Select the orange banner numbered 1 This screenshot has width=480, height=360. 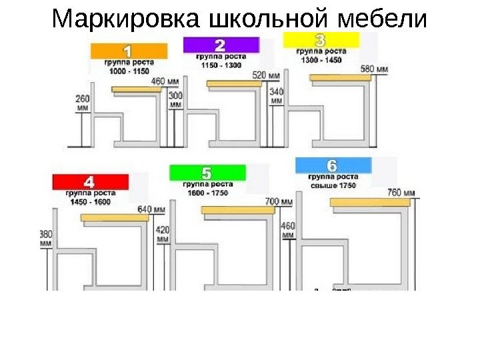[x=130, y=51]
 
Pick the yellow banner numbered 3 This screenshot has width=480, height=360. [x=321, y=39]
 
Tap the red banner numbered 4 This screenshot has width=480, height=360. [x=89, y=181]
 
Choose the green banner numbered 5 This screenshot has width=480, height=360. [x=207, y=173]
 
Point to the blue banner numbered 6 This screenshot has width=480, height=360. [x=332, y=165]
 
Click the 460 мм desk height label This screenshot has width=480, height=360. [x=166, y=81]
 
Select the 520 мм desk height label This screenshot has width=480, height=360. [x=266, y=75]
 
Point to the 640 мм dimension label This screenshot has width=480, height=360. [x=151, y=209]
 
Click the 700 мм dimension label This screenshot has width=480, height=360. [x=279, y=201]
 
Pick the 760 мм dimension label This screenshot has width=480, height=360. [x=401, y=193]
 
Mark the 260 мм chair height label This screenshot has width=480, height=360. [x=83, y=102]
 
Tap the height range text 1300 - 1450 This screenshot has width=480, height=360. [x=322, y=59]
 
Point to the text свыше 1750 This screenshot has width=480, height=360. [x=333, y=186]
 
